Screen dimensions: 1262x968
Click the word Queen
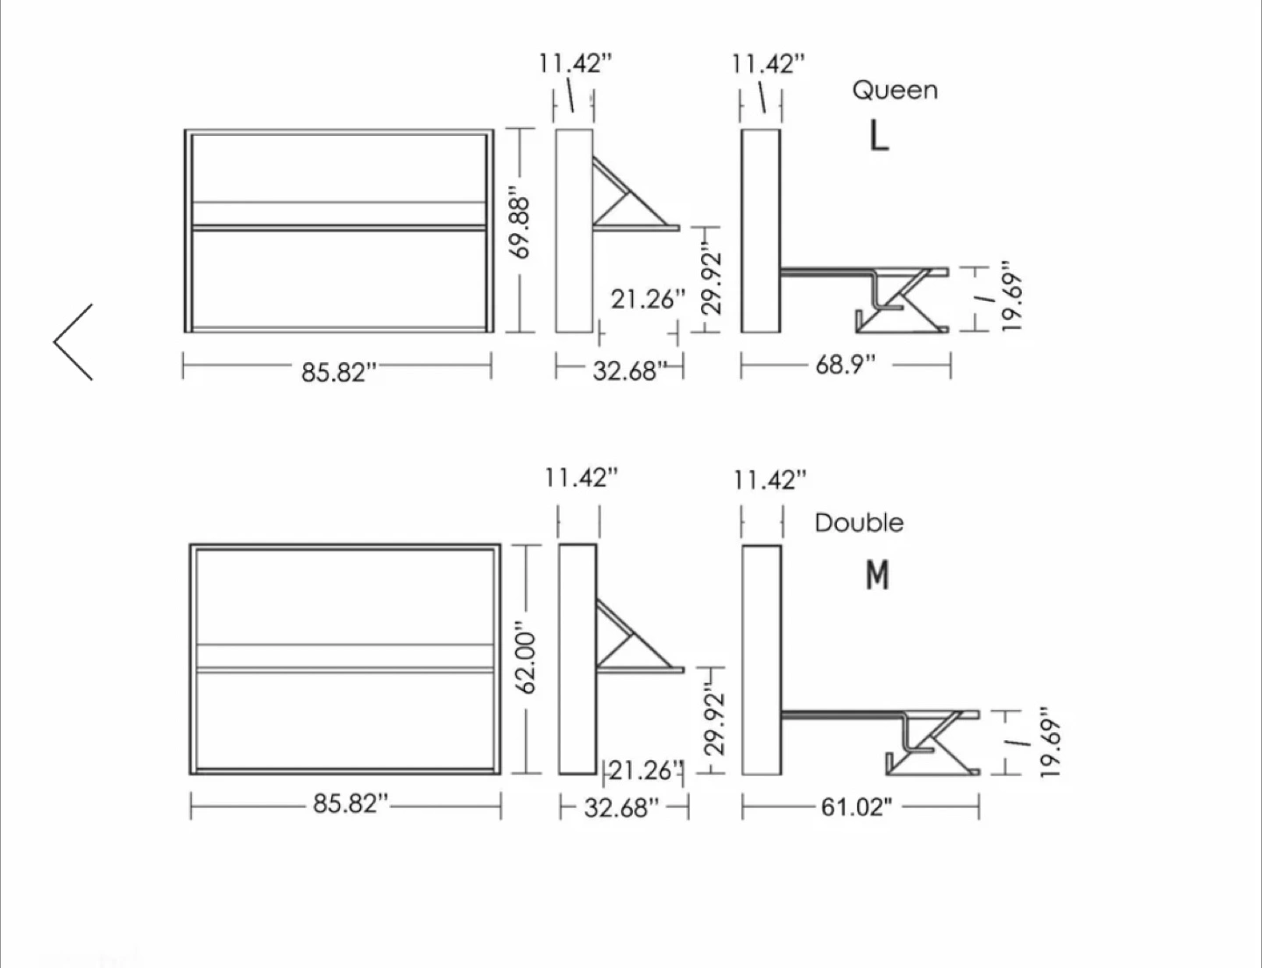pos(895,90)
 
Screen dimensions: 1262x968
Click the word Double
pos(859,523)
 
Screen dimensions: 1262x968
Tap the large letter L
pos(879,137)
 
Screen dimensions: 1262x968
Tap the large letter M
pos(877,576)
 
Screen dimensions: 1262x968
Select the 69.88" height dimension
pos(521,223)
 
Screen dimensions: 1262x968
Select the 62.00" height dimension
pos(526,657)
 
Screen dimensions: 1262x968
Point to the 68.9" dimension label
pos(845,366)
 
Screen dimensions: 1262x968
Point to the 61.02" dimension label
pos(856,807)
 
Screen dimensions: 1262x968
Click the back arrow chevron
pos(73,342)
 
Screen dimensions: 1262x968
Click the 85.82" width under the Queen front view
pos(339,373)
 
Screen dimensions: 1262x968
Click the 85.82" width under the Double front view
pos(351,804)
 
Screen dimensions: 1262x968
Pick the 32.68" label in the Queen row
pos(629,371)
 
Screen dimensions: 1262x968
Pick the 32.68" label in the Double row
pos(621,808)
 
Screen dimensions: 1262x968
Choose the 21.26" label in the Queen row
pos(649,300)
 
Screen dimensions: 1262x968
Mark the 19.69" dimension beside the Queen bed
pos(1011,296)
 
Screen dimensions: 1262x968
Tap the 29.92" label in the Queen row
pos(712,283)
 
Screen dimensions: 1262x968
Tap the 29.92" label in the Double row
pos(715,722)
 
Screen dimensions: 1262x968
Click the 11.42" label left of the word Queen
pos(768,64)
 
